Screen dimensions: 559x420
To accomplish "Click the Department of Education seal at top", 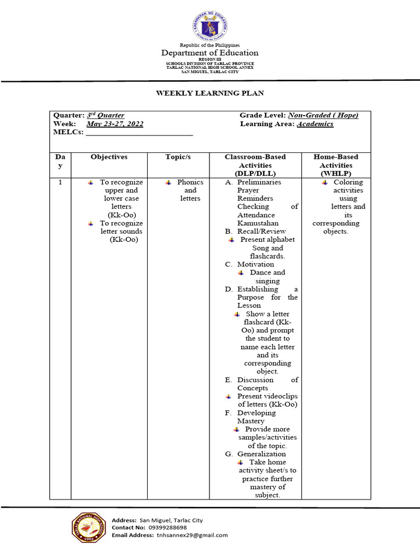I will (209, 25).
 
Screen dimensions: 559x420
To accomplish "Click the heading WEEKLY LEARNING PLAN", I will (210, 93).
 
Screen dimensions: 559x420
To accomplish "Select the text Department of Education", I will (209, 53).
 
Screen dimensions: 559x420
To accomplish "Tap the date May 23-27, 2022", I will (115, 124).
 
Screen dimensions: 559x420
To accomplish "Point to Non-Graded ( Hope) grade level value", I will (323, 115).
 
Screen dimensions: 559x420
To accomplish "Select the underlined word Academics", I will (315, 124).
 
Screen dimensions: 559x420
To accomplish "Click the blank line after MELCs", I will (139, 133).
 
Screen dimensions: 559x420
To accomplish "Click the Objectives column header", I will (109, 157).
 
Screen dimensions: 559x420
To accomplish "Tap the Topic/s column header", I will (178, 157).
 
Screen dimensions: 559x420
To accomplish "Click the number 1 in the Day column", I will (60, 182).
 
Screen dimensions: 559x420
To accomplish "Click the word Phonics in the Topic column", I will (190, 182).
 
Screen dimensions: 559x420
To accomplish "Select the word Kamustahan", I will (258, 223).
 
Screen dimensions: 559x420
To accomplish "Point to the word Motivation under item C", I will (255, 264).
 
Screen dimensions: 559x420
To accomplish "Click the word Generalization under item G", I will (261, 454).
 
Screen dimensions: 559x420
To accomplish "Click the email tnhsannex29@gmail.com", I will (192, 536).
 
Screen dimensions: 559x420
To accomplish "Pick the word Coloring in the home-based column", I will (348, 182).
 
